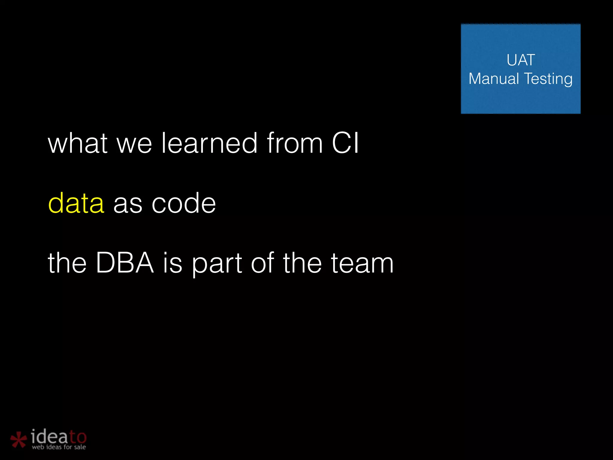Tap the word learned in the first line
[209, 143]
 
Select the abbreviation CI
[345, 143]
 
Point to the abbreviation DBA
[125, 263]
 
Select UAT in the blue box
[521, 60]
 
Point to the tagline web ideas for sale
[59, 447]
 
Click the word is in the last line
[172, 263]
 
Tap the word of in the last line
[262, 263]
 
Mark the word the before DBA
[67, 263]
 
